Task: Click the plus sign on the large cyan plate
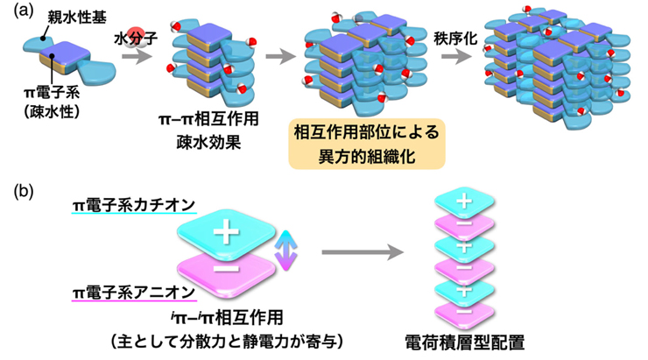tap(226, 234)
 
